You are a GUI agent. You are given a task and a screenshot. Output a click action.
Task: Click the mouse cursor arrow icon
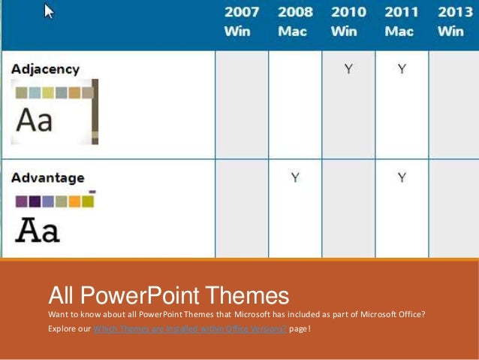pyautogui.click(x=49, y=11)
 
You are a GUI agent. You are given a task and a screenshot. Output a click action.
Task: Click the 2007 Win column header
pyautogui.click(x=241, y=22)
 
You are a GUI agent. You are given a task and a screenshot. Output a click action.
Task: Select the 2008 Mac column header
pyautogui.click(x=295, y=22)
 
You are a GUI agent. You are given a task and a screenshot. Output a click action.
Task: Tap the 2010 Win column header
pyautogui.click(x=348, y=22)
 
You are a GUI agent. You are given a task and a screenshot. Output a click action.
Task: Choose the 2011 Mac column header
pyautogui.click(x=402, y=22)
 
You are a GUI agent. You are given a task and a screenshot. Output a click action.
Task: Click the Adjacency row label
pyautogui.click(x=45, y=69)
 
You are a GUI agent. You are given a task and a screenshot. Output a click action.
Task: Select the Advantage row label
pyautogui.click(x=47, y=178)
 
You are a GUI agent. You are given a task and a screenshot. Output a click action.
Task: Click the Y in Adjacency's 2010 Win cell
pyautogui.click(x=348, y=69)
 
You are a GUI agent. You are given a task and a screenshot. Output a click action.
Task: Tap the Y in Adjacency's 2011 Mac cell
pyautogui.click(x=402, y=69)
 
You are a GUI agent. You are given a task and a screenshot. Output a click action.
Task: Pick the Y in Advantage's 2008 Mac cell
pyautogui.click(x=295, y=178)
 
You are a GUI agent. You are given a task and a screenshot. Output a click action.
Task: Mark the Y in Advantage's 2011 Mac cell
pyautogui.click(x=402, y=178)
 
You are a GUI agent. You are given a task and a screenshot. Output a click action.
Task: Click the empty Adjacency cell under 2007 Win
pyautogui.click(x=242, y=104)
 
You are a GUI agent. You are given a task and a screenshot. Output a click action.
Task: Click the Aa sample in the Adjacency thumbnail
pyautogui.click(x=35, y=120)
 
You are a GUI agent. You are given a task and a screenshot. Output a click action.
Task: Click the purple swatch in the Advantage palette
pyautogui.click(x=22, y=201)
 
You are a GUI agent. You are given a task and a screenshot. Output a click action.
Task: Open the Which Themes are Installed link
pyautogui.click(x=188, y=329)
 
